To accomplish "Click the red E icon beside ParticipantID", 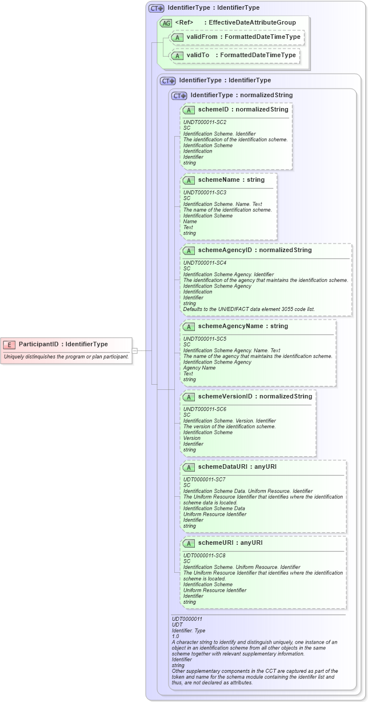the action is click(10, 344).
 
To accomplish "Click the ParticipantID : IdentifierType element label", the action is click(63, 344).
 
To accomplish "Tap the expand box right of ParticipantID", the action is click(135, 350).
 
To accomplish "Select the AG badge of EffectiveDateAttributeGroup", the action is click(166, 23).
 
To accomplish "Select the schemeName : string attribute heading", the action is click(231, 180).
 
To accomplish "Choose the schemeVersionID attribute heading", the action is click(255, 397).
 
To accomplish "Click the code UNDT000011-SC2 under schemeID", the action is click(205, 122).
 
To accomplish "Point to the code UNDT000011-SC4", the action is click(205, 263).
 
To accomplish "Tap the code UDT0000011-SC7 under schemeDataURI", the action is click(205, 480).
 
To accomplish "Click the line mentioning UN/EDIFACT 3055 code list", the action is click(249, 309).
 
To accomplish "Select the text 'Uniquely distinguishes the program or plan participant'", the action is click(66, 357).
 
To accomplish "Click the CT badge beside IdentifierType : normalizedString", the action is click(179, 95).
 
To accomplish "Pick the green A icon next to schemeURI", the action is click(189, 543).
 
